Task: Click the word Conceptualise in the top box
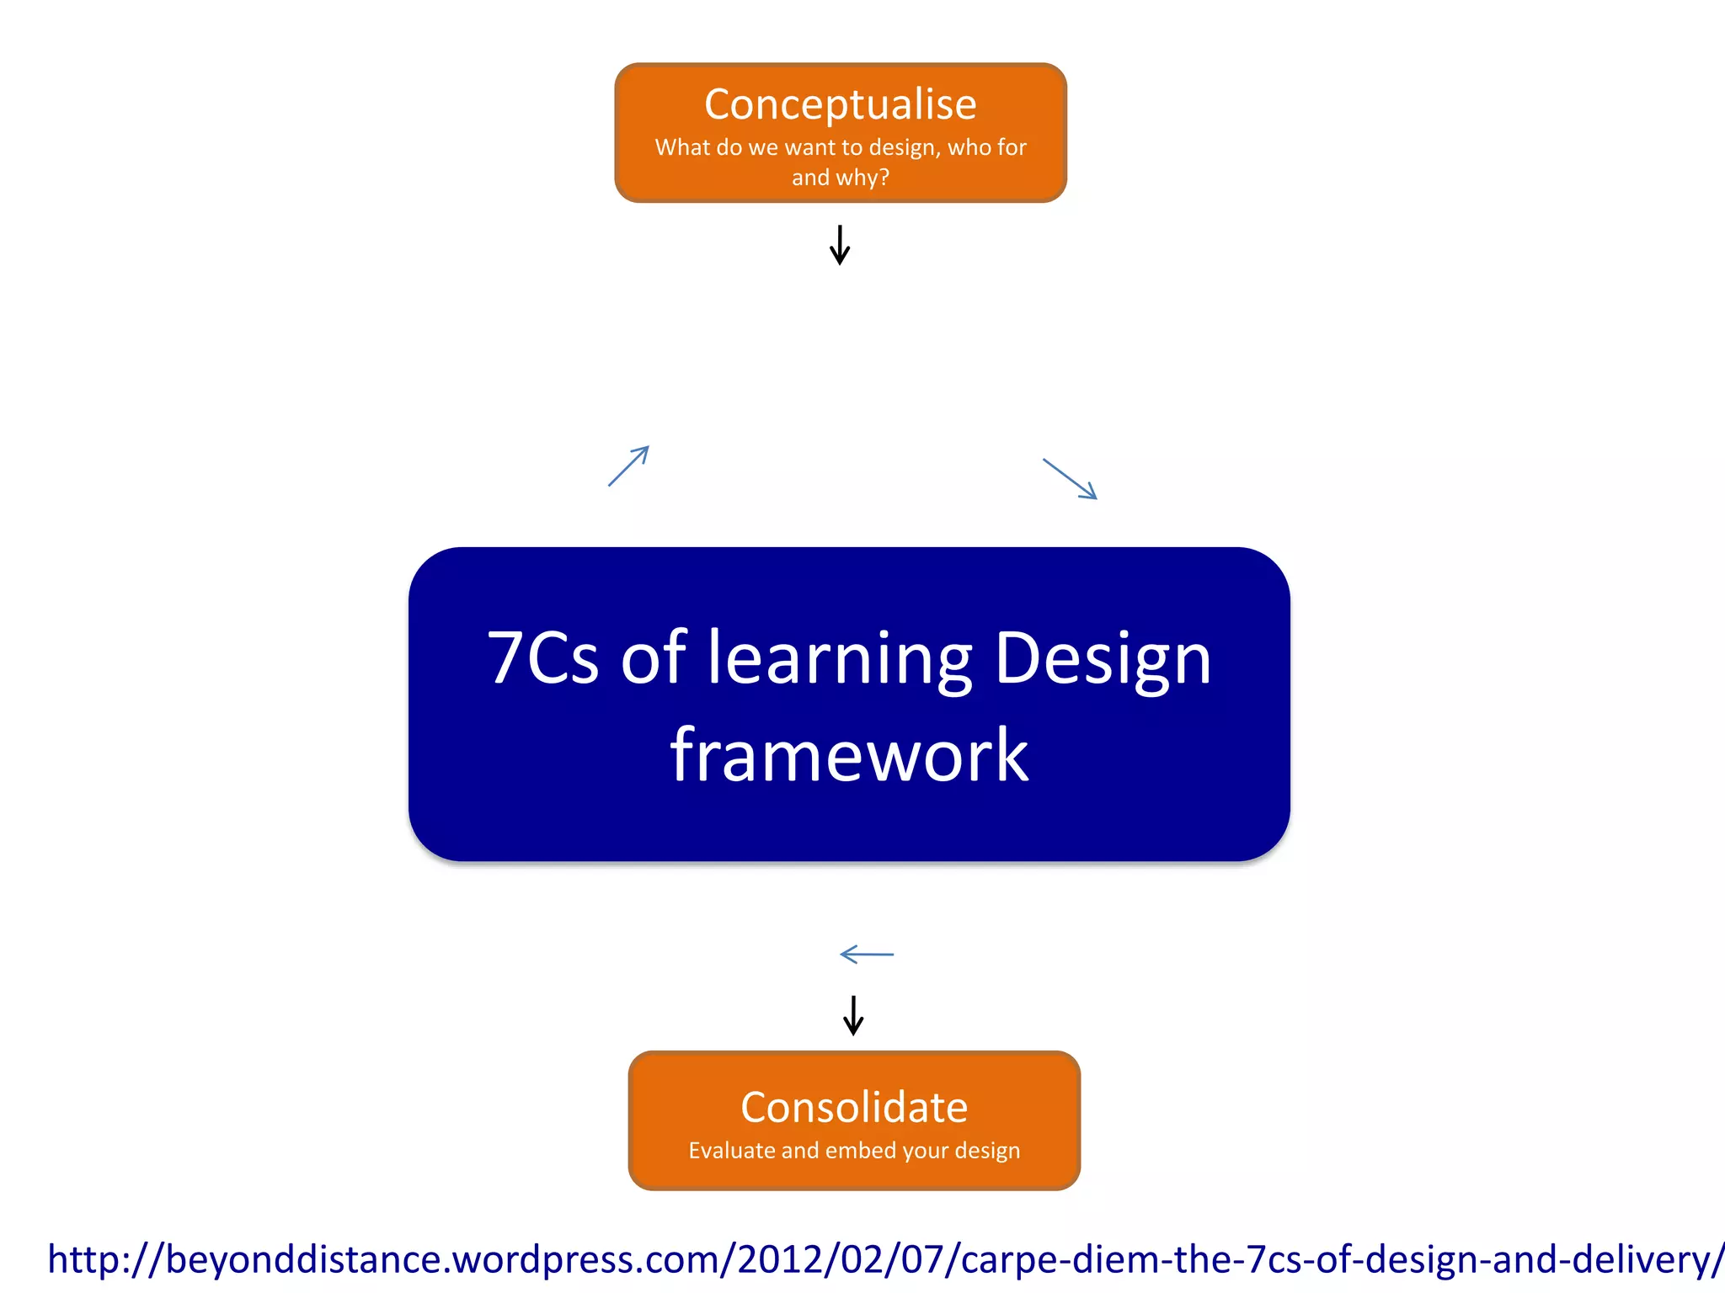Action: click(840, 105)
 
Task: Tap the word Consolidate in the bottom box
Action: click(853, 1107)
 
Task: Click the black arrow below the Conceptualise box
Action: click(840, 245)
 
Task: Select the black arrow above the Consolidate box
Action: click(853, 1015)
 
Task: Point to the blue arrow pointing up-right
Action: click(629, 466)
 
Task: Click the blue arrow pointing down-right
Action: click(1070, 479)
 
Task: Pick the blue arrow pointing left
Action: click(867, 955)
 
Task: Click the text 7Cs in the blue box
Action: click(542, 657)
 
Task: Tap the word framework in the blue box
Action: click(849, 755)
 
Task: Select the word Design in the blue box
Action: click(1103, 659)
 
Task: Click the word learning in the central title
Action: click(839, 659)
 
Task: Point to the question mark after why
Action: click(884, 178)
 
